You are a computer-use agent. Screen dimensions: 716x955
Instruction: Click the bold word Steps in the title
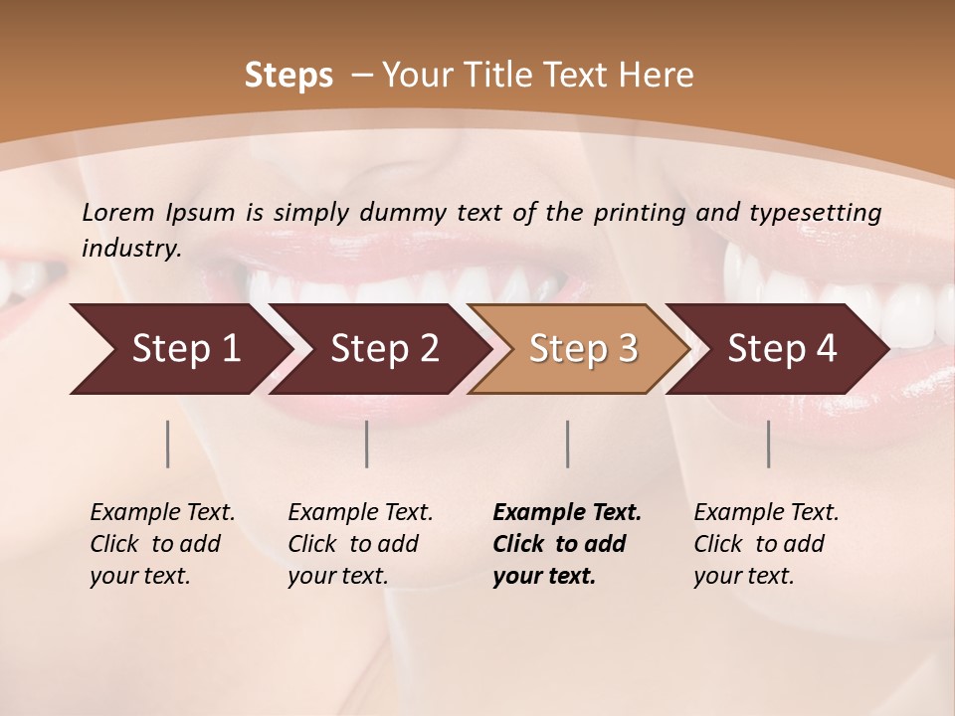(288, 76)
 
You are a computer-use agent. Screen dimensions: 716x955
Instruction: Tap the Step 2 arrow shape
(379, 349)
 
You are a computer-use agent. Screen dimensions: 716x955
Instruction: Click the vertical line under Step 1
(168, 444)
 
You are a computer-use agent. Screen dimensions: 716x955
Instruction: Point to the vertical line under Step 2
(367, 444)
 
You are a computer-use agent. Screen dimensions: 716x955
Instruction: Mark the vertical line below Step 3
(567, 444)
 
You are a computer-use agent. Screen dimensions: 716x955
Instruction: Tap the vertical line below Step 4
(768, 444)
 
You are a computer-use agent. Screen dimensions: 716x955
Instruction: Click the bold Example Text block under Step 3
(567, 544)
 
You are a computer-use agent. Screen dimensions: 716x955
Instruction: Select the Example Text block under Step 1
(162, 544)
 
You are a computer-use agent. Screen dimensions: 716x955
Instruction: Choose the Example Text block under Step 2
(360, 544)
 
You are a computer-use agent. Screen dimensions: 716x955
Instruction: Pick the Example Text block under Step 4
(766, 544)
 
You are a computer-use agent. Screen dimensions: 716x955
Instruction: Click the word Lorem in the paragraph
(118, 213)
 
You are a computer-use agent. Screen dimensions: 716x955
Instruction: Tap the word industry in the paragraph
(130, 249)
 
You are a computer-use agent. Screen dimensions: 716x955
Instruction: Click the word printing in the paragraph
(640, 213)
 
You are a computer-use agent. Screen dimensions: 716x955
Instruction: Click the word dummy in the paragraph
(402, 213)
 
